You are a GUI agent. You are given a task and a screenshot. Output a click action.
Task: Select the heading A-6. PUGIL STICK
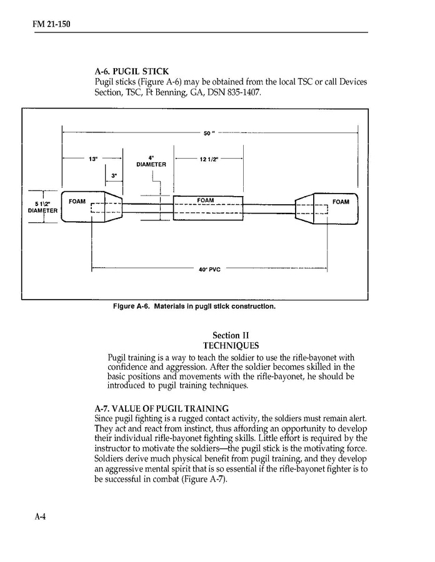click(131, 72)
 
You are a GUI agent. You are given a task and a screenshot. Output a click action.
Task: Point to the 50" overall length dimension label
click(209, 133)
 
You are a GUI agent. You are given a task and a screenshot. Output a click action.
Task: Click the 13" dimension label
click(94, 159)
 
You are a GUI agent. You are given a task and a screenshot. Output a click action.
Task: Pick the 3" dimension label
click(114, 176)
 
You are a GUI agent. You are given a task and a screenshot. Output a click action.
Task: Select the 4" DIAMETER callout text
click(151, 161)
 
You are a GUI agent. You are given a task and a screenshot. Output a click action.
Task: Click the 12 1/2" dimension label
click(207, 159)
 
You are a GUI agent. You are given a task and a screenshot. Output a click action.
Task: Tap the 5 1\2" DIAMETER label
click(42, 207)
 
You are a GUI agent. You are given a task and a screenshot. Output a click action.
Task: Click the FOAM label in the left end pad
click(77, 202)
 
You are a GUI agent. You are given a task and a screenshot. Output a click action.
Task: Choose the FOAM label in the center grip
click(206, 200)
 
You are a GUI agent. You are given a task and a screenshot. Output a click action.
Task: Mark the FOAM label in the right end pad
click(341, 202)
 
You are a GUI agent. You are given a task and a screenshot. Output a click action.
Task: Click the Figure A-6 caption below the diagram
click(194, 307)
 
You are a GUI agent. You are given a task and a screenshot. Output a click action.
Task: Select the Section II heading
click(231, 335)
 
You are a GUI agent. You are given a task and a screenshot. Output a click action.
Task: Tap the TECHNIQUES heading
click(231, 345)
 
